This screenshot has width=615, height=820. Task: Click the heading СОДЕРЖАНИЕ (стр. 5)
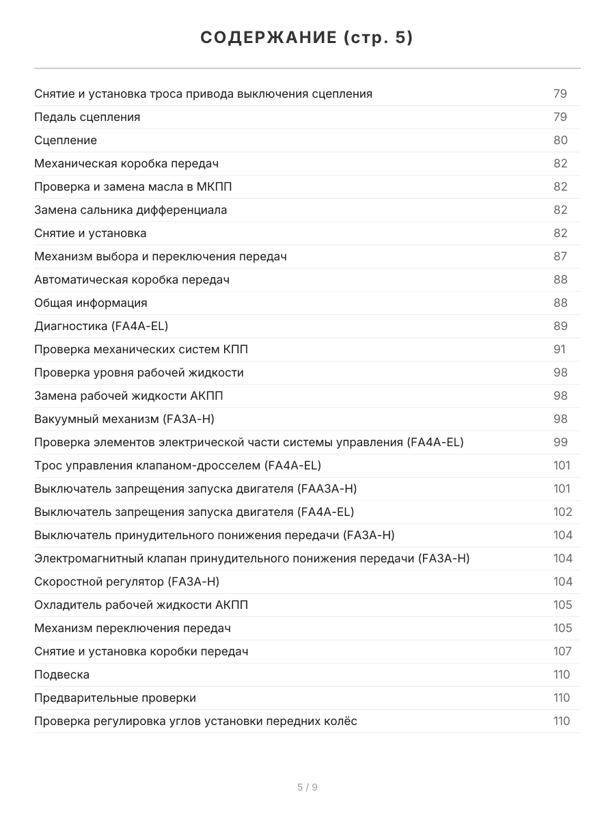coord(307,38)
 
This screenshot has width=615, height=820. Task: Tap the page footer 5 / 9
coord(307,787)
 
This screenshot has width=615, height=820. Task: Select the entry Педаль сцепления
coord(87,117)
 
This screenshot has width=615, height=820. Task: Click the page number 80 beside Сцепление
coord(560,140)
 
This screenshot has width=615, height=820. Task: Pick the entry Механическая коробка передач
coord(126,163)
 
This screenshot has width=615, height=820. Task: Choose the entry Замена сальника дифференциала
coord(131,210)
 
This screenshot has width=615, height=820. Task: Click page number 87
coord(560,256)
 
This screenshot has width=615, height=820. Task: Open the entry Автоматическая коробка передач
coord(132,279)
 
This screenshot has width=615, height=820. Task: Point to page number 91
coord(560,349)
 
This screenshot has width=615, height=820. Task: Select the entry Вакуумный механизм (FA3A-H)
coord(129,419)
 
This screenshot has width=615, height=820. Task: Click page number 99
coord(560,442)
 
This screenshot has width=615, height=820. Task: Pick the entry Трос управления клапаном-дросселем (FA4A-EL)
coord(178,465)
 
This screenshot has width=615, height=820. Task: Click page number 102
coord(562,512)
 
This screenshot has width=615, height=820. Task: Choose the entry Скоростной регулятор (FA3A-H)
coord(127,582)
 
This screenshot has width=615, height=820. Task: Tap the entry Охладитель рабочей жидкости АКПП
coord(141,605)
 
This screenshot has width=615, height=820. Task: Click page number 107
coord(562,651)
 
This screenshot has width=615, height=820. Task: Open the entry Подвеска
coord(62,674)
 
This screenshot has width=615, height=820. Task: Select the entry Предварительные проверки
coord(115,698)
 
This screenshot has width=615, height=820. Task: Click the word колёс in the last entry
coord(340,721)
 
